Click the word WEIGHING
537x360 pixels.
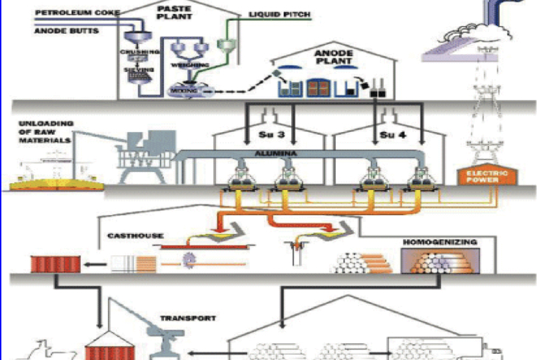[x=189, y=65]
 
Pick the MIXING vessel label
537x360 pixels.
[x=182, y=88]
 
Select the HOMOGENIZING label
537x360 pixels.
[x=440, y=242]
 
